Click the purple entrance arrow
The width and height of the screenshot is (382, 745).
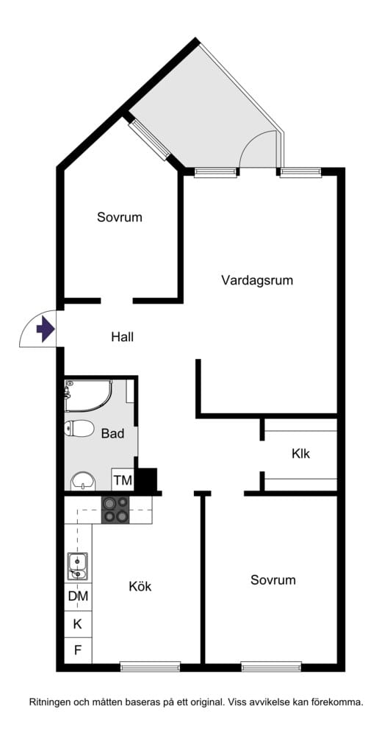[46, 329]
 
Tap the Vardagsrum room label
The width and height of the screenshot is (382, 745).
[257, 280]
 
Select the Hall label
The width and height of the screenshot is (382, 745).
[123, 338]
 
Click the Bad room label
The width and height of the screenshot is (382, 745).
[113, 433]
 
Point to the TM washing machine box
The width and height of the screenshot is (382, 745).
[123, 480]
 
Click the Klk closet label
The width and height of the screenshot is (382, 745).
[301, 454]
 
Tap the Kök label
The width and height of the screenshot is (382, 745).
[140, 586]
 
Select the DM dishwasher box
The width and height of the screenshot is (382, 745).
[79, 596]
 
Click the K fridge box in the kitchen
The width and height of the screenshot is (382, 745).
[78, 624]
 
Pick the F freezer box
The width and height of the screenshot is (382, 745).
[78, 650]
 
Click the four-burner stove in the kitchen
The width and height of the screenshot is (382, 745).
[115, 510]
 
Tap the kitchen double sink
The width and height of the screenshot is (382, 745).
[77, 567]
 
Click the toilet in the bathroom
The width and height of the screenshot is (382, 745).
[79, 429]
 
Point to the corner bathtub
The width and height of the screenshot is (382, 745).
[89, 396]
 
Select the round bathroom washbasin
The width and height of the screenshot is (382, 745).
[84, 482]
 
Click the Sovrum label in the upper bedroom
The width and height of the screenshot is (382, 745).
[120, 218]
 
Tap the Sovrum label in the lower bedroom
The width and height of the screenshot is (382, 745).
[273, 580]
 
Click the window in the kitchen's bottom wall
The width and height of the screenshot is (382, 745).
[151, 666]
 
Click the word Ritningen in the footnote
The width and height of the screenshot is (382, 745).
[49, 702]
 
